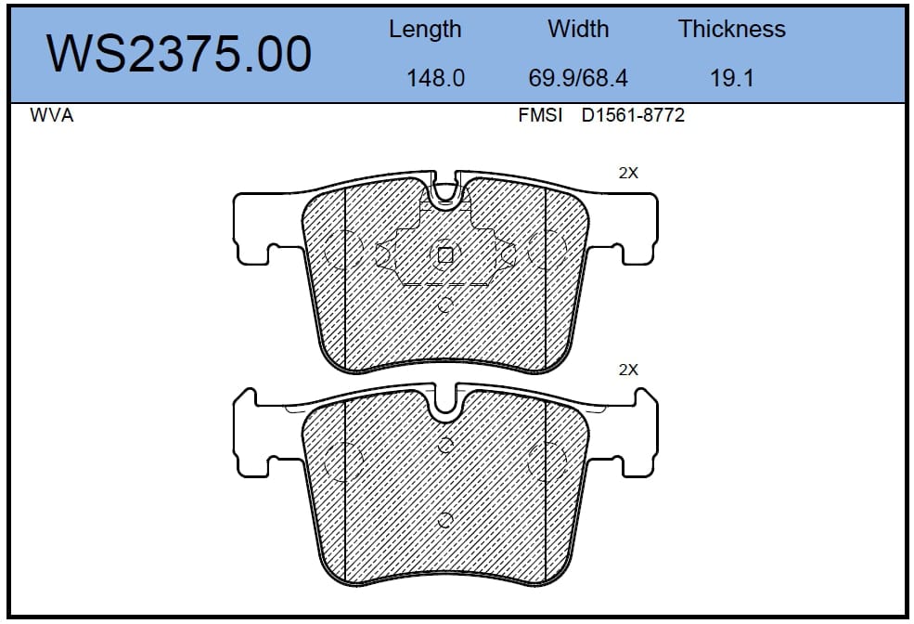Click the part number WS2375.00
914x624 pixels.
[179, 54]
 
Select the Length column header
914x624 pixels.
[425, 30]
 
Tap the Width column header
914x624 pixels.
[578, 29]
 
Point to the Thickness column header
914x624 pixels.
[731, 29]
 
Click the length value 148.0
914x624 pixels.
[435, 78]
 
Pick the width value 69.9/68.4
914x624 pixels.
[578, 78]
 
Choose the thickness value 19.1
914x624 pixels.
[732, 78]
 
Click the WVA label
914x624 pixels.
[52, 115]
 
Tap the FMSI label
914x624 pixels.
[540, 115]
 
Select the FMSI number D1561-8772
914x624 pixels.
[633, 115]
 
